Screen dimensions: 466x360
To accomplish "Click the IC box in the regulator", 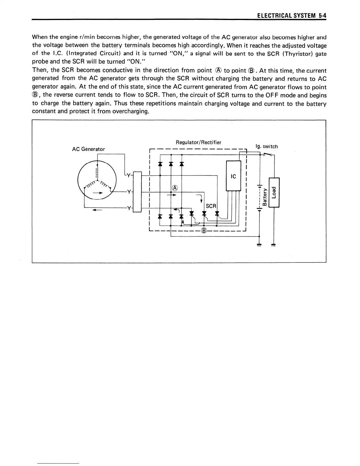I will [x=233, y=176].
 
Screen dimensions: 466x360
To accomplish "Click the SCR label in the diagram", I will [x=211, y=206].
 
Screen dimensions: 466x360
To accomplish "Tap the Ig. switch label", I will [x=266, y=147].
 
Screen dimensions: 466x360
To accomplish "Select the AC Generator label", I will [x=88, y=149].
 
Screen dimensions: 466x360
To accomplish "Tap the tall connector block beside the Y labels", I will [x=138, y=192].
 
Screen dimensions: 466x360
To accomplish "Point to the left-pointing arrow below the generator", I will [x=97, y=210].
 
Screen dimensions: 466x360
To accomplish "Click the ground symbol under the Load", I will [x=274, y=245].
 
